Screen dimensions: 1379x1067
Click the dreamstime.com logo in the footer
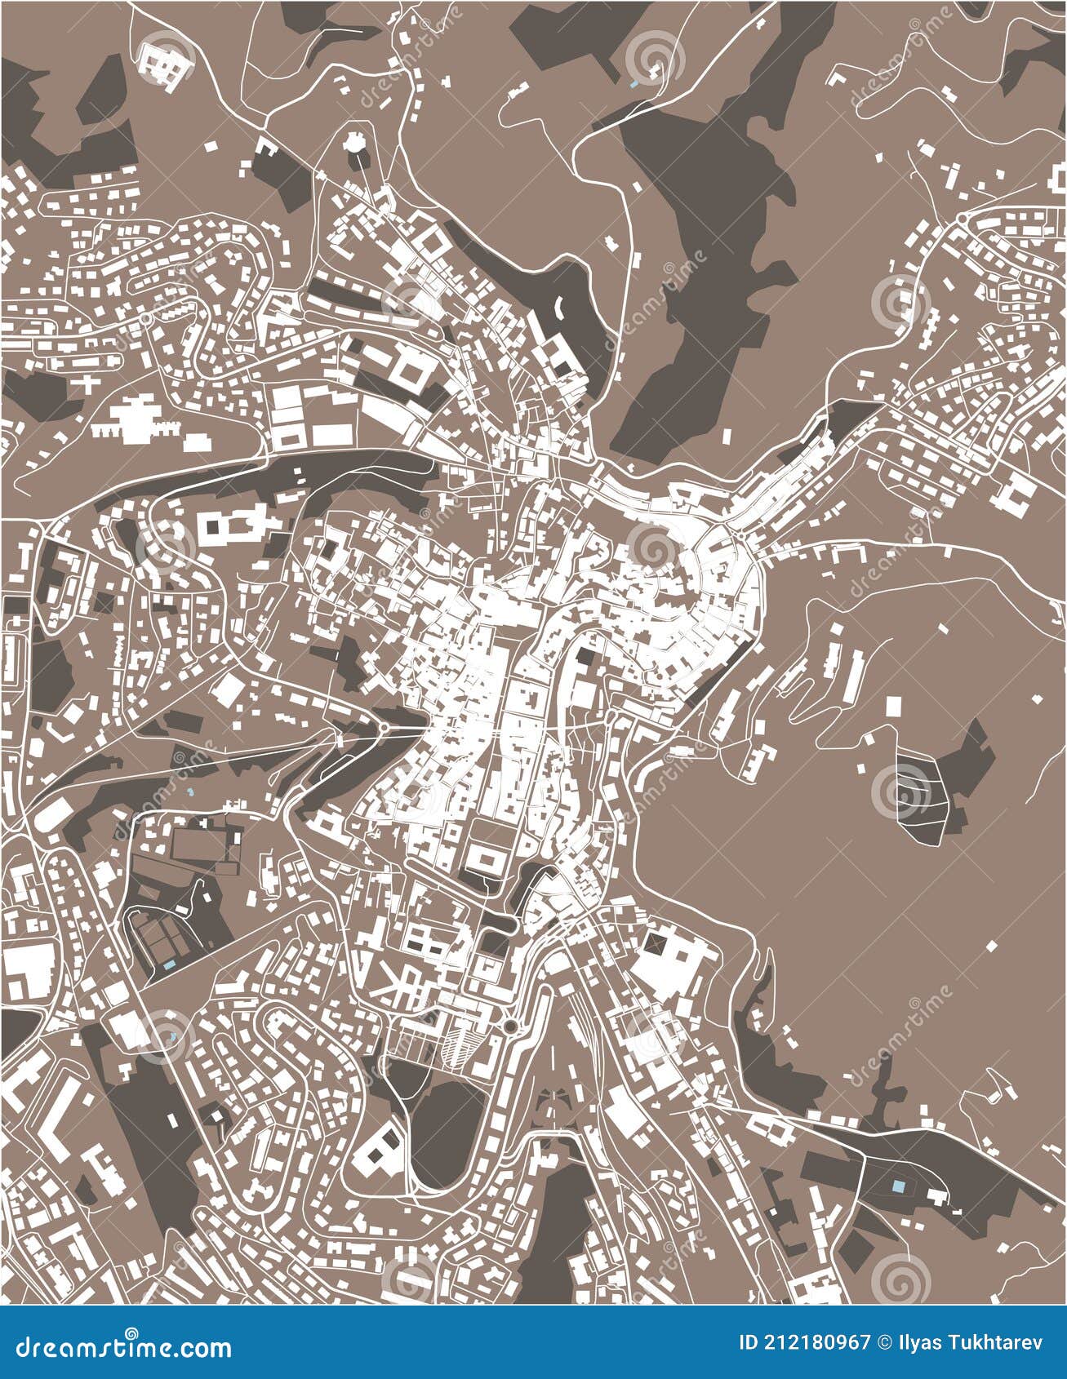point(123,1347)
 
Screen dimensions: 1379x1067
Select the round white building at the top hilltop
point(354,144)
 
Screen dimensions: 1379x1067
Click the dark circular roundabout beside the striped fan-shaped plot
point(511,1026)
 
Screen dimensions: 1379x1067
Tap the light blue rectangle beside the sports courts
point(169,964)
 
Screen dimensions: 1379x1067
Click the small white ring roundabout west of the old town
point(384,726)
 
